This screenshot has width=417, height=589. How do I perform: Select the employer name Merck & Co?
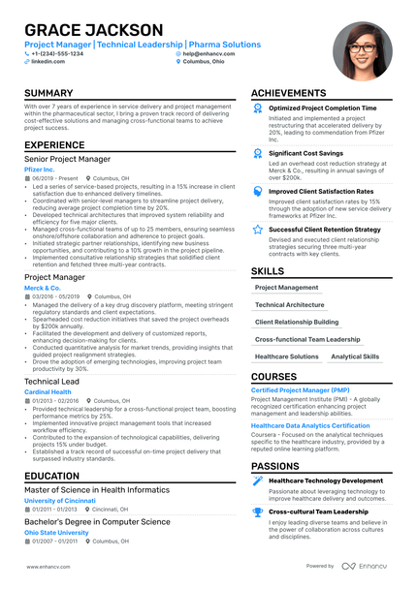coord(43,288)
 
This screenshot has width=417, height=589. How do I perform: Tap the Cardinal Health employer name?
coord(48,392)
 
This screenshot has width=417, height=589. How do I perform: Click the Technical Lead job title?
coord(52,382)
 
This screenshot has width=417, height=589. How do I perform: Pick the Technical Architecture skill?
coord(290,304)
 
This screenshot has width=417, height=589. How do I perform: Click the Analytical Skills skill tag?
coord(355,356)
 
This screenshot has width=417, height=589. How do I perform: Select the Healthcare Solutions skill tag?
coord(287,356)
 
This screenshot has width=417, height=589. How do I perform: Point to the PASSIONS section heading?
coord(274,465)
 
